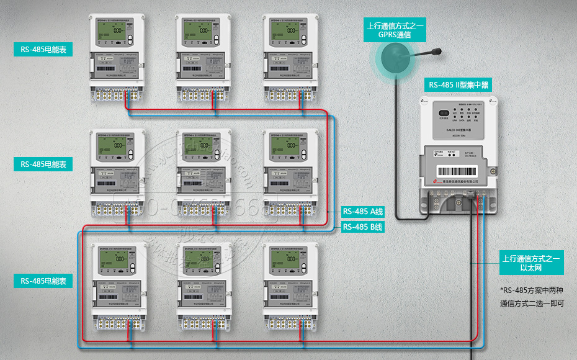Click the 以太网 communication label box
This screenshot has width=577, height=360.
(x=531, y=263)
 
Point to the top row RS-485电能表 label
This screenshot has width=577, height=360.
(x=43, y=50)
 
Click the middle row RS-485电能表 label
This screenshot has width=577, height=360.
(x=43, y=164)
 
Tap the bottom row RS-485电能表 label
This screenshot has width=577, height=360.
(x=43, y=281)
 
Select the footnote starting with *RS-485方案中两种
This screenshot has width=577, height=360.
(x=531, y=297)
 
